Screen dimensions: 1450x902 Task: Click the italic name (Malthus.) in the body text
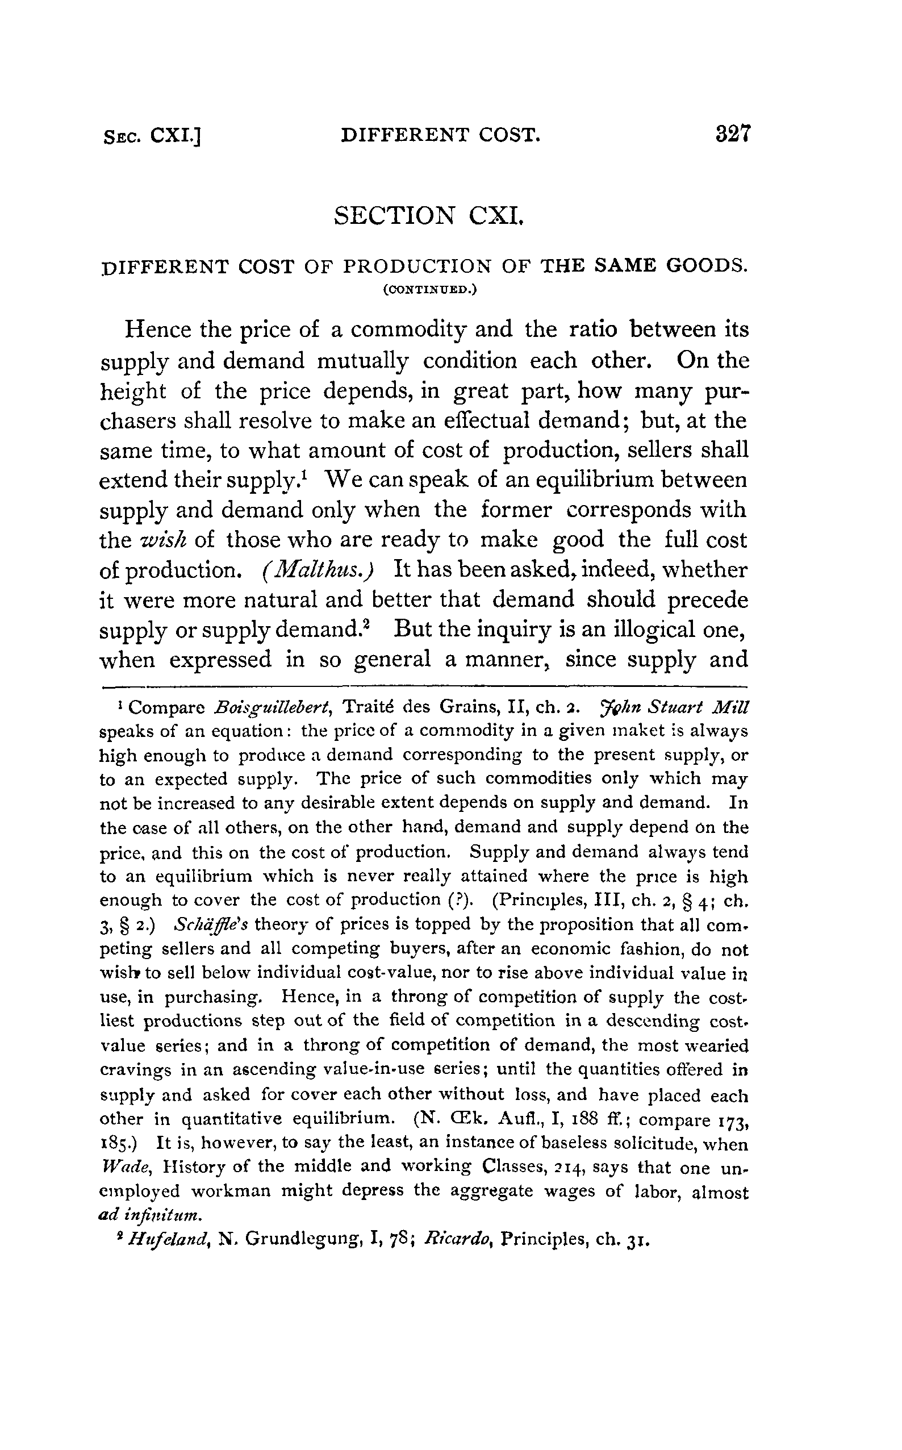tap(318, 570)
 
